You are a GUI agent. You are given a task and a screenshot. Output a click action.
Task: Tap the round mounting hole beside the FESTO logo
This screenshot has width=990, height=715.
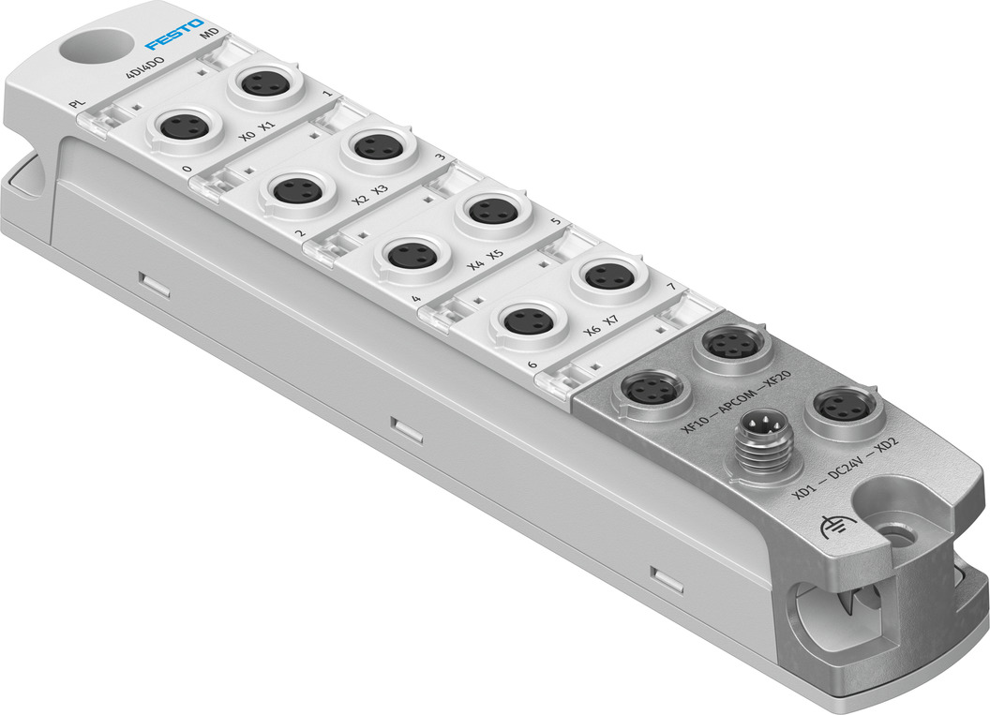(92, 46)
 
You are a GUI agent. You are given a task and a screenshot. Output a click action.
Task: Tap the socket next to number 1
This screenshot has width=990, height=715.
(263, 83)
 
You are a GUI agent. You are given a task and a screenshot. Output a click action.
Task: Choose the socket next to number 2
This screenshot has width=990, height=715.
(298, 190)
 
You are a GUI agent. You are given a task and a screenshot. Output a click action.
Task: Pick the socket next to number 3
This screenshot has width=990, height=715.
(378, 146)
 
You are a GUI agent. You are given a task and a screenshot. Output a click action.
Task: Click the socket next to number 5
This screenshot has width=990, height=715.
(493, 210)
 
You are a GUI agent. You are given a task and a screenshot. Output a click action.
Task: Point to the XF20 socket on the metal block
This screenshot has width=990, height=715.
(732, 345)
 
